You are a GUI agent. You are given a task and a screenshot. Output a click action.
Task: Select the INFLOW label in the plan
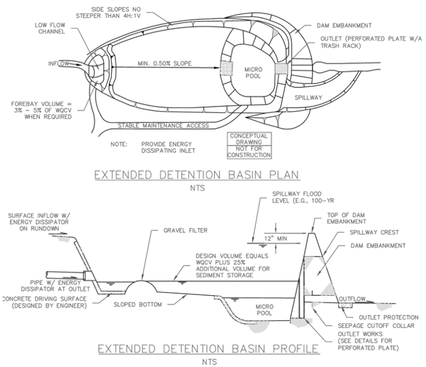point(61,64)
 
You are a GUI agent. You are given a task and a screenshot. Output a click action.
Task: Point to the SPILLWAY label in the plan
point(310,98)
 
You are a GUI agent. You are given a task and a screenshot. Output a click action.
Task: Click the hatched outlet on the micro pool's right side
point(283,68)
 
